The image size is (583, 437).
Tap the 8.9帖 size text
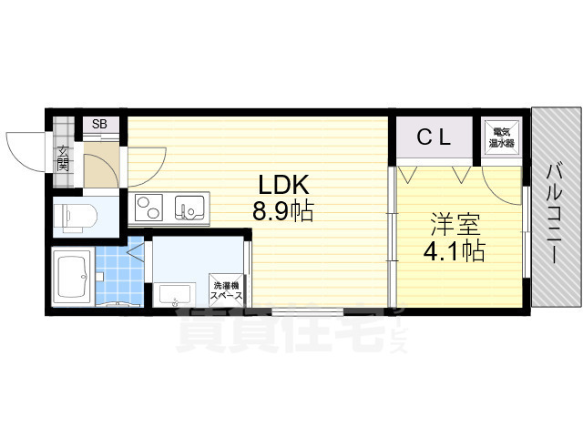(283, 213)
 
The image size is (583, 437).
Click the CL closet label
(435, 138)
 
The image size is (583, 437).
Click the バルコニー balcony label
(554, 212)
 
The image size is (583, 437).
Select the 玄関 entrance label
(63, 159)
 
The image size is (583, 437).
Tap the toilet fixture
(73, 217)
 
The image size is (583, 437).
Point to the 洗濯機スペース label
(226, 290)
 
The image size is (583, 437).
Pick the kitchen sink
(190, 210)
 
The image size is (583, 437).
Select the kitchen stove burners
(149, 210)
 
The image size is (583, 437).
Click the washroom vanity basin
(174, 294)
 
